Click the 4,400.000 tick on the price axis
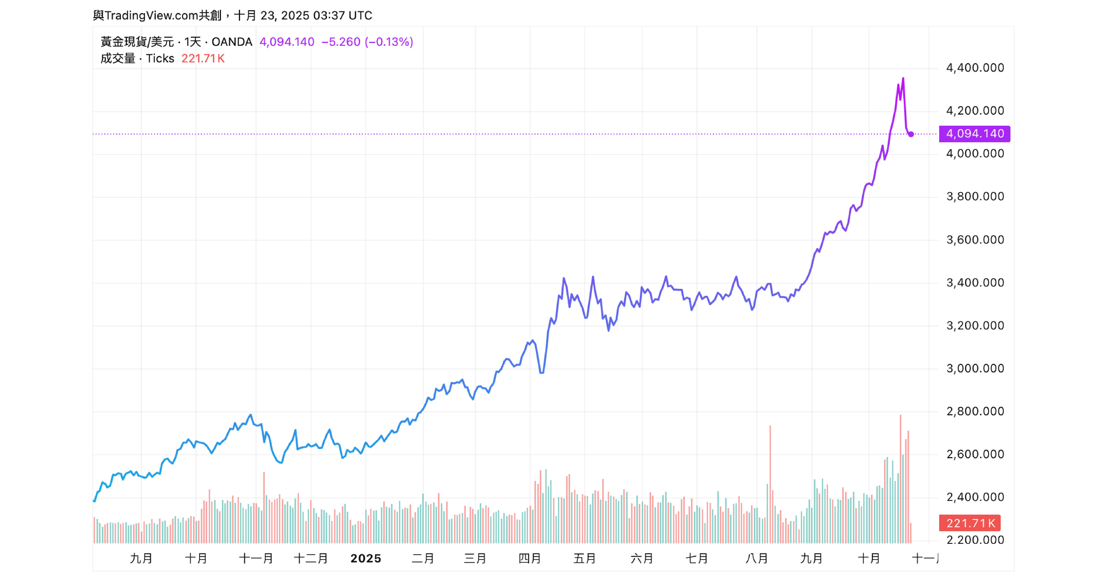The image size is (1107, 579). [x=975, y=68]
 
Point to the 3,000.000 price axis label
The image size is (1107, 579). [x=975, y=369]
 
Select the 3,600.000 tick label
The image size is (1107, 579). [x=975, y=240]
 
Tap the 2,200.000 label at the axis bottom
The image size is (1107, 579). [x=975, y=540]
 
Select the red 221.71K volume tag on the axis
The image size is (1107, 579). [x=970, y=523]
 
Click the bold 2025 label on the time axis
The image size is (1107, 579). [x=366, y=558]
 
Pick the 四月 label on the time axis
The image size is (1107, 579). [x=529, y=558]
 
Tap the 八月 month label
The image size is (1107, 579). [x=757, y=558]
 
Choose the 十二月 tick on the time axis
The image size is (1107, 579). [x=311, y=558]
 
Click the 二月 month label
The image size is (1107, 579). [x=423, y=558]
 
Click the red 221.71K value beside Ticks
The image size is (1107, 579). [x=203, y=58]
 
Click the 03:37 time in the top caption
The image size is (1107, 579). [x=329, y=15]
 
